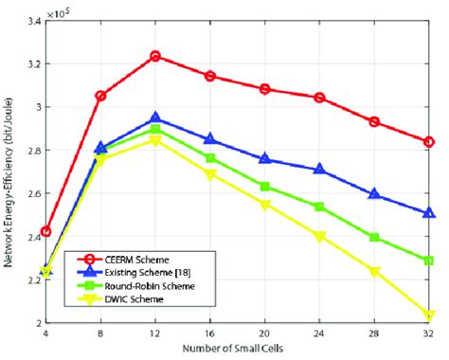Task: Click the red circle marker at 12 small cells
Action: point(154,56)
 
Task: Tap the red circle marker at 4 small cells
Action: point(45,231)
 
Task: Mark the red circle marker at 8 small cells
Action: point(100,96)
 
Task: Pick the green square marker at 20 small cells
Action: point(264,187)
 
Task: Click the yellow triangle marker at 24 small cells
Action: point(319,236)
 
